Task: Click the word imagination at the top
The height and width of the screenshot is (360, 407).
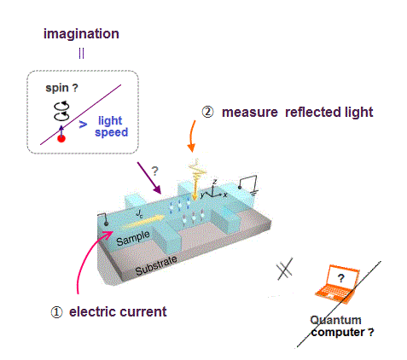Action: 81,34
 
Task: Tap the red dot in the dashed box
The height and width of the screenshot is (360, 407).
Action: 61,138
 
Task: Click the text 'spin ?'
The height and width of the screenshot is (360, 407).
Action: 61,88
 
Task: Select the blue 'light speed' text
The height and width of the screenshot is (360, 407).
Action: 111,126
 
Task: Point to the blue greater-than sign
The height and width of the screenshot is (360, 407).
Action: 83,125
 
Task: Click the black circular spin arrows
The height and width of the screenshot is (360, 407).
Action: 61,111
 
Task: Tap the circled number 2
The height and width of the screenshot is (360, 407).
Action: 207,112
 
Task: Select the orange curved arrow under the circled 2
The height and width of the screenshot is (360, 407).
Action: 192,136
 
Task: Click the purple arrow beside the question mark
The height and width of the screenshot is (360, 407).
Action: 149,178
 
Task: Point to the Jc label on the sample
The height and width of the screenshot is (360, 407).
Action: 139,213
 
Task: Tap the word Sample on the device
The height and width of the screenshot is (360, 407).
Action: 133,238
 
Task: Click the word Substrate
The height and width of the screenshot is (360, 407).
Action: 156,265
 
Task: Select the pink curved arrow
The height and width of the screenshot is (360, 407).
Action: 90,260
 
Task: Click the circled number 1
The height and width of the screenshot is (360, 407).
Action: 56,312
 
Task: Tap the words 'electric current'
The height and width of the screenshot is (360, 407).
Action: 118,312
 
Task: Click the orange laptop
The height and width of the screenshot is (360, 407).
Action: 337,284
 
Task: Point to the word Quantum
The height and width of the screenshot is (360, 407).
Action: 335,320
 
